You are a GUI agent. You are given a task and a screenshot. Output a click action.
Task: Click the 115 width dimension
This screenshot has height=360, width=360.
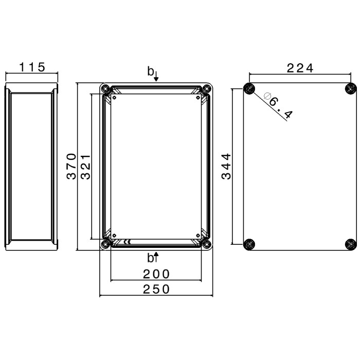click(32, 67)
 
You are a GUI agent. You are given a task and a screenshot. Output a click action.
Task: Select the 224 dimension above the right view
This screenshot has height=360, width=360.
click(300, 68)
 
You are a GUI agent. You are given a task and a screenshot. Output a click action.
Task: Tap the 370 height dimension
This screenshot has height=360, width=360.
click(71, 166)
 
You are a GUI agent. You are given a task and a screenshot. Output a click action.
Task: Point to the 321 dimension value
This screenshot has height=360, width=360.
click(86, 167)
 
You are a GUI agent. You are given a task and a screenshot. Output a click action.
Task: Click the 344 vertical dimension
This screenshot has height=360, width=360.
click(226, 166)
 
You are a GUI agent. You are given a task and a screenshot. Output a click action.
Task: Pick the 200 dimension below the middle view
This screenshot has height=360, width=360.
click(156, 274)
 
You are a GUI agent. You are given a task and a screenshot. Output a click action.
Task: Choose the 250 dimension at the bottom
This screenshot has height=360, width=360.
click(156, 289)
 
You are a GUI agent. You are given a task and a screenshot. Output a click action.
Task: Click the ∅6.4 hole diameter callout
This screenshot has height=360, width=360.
click(278, 105)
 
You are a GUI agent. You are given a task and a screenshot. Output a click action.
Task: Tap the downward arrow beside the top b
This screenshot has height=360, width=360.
click(156, 77)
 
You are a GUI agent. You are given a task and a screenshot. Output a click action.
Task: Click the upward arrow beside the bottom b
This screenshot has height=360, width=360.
click(156, 257)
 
